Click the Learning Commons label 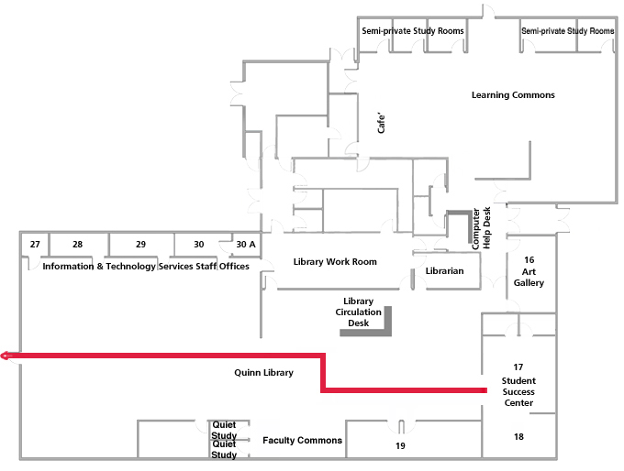[513, 95]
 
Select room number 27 [35, 245]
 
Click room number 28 [77, 245]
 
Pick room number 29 [140, 245]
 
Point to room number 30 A [246, 245]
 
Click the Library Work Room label [335, 262]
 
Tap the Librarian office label [445, 271]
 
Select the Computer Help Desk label [481, 228]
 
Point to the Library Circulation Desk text [358, 312]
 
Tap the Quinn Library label [263, 373]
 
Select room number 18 [518, 437]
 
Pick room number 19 [400, 446]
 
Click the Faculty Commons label [302, 441]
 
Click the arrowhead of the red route [6, 356]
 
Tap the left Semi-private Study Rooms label [412, 31]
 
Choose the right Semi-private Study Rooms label [567, 31]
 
